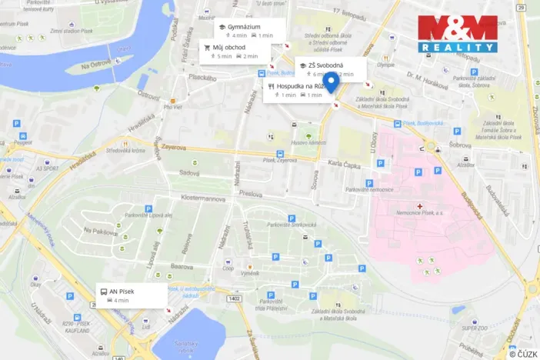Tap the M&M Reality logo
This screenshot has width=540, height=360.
click(457, 33)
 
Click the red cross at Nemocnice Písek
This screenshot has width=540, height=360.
click(418, 206)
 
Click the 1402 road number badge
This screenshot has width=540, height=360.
click(235, 298)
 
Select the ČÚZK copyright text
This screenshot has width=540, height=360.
click(522, 352)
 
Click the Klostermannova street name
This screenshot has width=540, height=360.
click(208, 197)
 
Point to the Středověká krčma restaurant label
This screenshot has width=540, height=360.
click(125, 150)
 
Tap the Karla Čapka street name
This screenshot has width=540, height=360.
click(345, 163)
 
